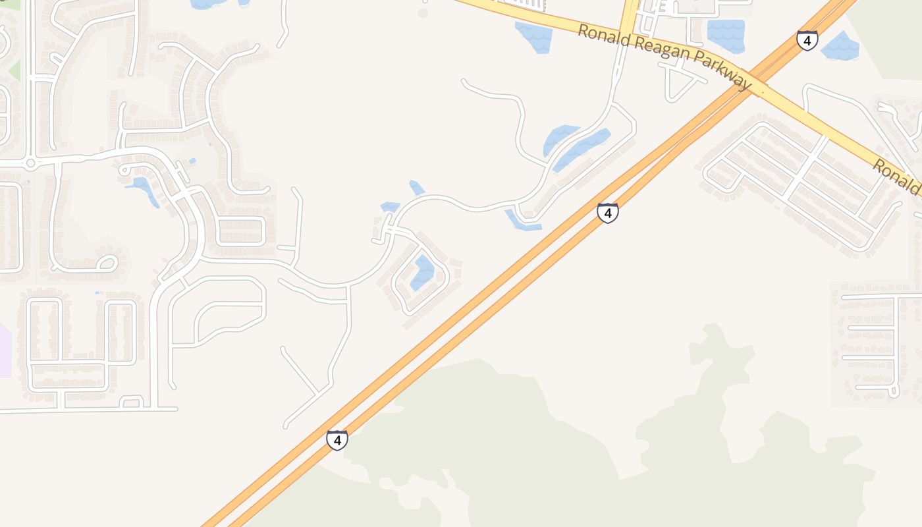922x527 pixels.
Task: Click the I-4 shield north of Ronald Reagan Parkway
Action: [x=807, y=40]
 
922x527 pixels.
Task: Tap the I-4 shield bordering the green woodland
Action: [x=337, y=439]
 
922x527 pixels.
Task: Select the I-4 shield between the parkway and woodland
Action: [x=607, y=213]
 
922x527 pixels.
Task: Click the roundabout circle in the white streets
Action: [x=30, y=163]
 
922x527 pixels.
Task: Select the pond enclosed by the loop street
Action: [x=423, y=273]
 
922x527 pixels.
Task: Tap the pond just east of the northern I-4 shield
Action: [x=840, y=45]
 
